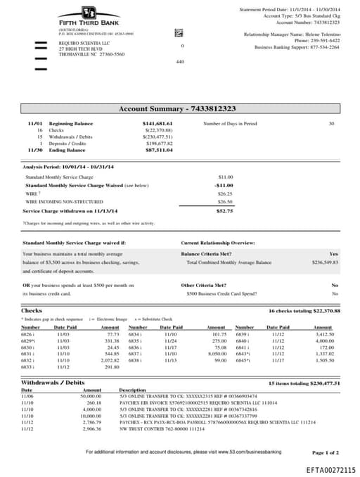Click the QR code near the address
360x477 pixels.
(179, 33)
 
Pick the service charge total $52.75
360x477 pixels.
(224, 210)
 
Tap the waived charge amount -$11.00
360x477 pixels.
(224, 185)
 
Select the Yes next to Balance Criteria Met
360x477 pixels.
(333, 253)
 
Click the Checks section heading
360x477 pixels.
(32, 310)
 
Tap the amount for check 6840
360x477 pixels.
(323, 341)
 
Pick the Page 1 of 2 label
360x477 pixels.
(325, 452)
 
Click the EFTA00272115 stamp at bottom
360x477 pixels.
(330, 469)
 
